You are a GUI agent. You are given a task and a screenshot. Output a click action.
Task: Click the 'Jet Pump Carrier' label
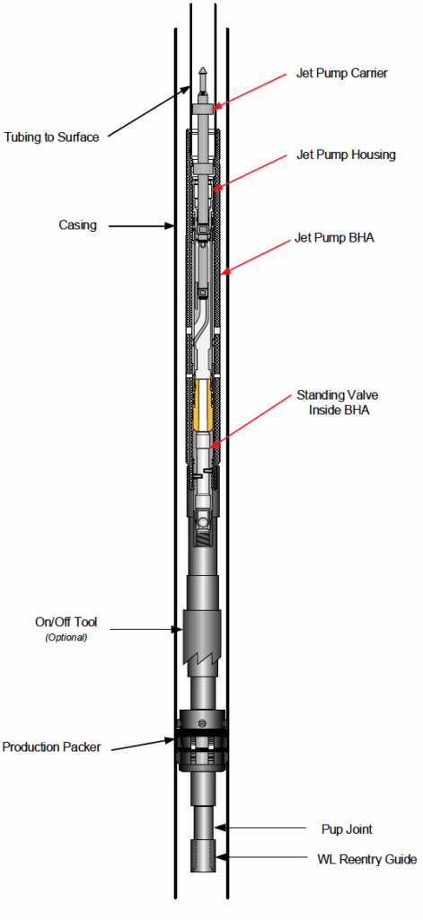click(x=341, y=74)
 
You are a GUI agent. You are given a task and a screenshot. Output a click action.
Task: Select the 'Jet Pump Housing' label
click(x=346, y=155)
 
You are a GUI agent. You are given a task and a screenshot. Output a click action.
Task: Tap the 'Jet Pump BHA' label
click(x=335, y=239)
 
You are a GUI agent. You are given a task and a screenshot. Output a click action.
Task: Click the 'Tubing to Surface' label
click(x=51, y=137)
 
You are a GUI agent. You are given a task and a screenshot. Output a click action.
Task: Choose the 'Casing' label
click(x=77, y=226)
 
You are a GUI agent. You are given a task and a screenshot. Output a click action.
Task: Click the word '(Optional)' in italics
click(x=66, y=638)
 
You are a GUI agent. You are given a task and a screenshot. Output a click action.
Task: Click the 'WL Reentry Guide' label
click(x=357, y=860)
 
